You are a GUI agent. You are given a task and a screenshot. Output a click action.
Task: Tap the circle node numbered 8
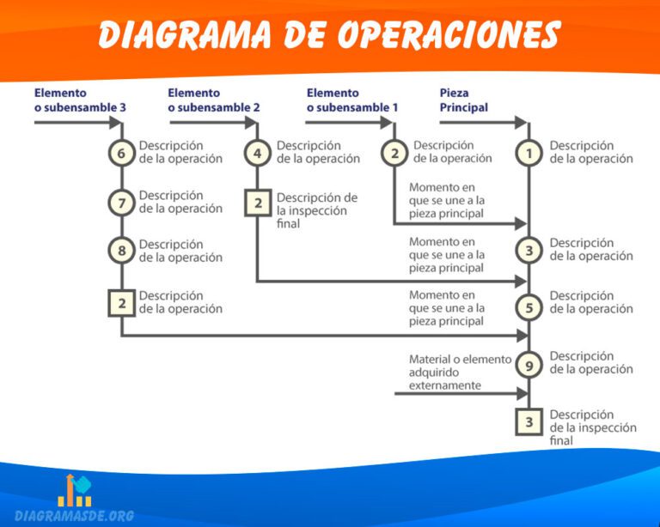coord(121,251)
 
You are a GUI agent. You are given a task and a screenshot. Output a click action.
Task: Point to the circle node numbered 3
coord(529,251)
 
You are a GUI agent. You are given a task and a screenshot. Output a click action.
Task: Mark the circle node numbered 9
coord(529,365)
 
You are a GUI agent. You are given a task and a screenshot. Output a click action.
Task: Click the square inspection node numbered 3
coord(529,421)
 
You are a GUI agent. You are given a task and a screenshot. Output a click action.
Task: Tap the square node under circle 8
coord(121,303)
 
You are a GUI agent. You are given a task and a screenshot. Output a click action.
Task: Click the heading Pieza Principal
coord(464,100)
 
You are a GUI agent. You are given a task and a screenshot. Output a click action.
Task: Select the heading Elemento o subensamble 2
coord(214,100)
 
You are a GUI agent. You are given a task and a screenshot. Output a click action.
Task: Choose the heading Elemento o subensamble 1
coord(352,100)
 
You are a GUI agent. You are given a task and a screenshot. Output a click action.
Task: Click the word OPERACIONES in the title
coord(448,35)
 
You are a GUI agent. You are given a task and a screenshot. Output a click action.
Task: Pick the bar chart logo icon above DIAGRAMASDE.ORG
coord(75,489)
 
